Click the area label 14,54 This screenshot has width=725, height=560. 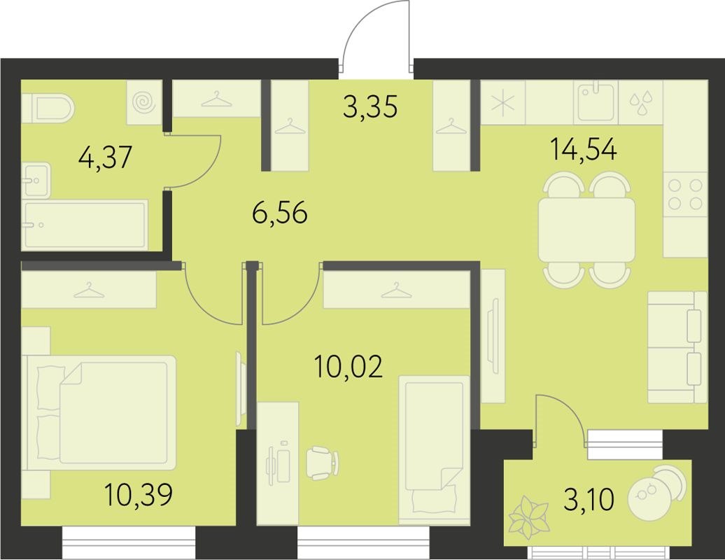[584, 150]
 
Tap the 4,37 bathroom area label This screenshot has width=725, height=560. [105, 157]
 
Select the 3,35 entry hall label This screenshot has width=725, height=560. [371, 107]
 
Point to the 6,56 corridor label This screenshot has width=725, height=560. [279, 213]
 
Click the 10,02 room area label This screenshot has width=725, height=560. [349, 367]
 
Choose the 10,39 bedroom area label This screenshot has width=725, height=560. [138, 496]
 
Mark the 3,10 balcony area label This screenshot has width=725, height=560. [588, 500]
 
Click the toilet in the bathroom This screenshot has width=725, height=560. [49, 108]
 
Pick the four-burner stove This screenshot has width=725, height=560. [685, 195]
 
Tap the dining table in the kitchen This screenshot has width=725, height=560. [586, 230]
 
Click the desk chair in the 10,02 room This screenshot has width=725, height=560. [323, 463]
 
